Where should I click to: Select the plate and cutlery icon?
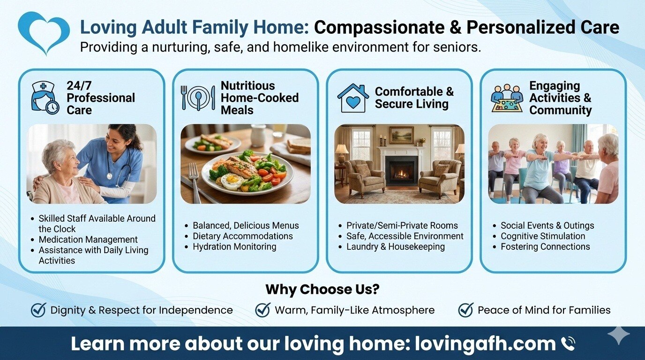coord(198,97)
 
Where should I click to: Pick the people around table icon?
coord(507,98)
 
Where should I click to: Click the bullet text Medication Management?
coord(88,240)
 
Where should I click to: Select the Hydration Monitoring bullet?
coord(234,247)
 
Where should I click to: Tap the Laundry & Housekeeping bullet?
coord(395,247)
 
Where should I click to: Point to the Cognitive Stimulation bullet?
coord(543,236)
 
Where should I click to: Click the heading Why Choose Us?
coord(322,289)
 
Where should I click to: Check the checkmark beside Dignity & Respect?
coord(38,310)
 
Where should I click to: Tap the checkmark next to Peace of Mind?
coord(465,310)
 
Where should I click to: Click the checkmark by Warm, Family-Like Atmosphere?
coord(263,310)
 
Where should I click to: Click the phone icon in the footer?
coord(568,344)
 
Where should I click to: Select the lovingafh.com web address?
coord(485,344)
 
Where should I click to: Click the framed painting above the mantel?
coord(401,135)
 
